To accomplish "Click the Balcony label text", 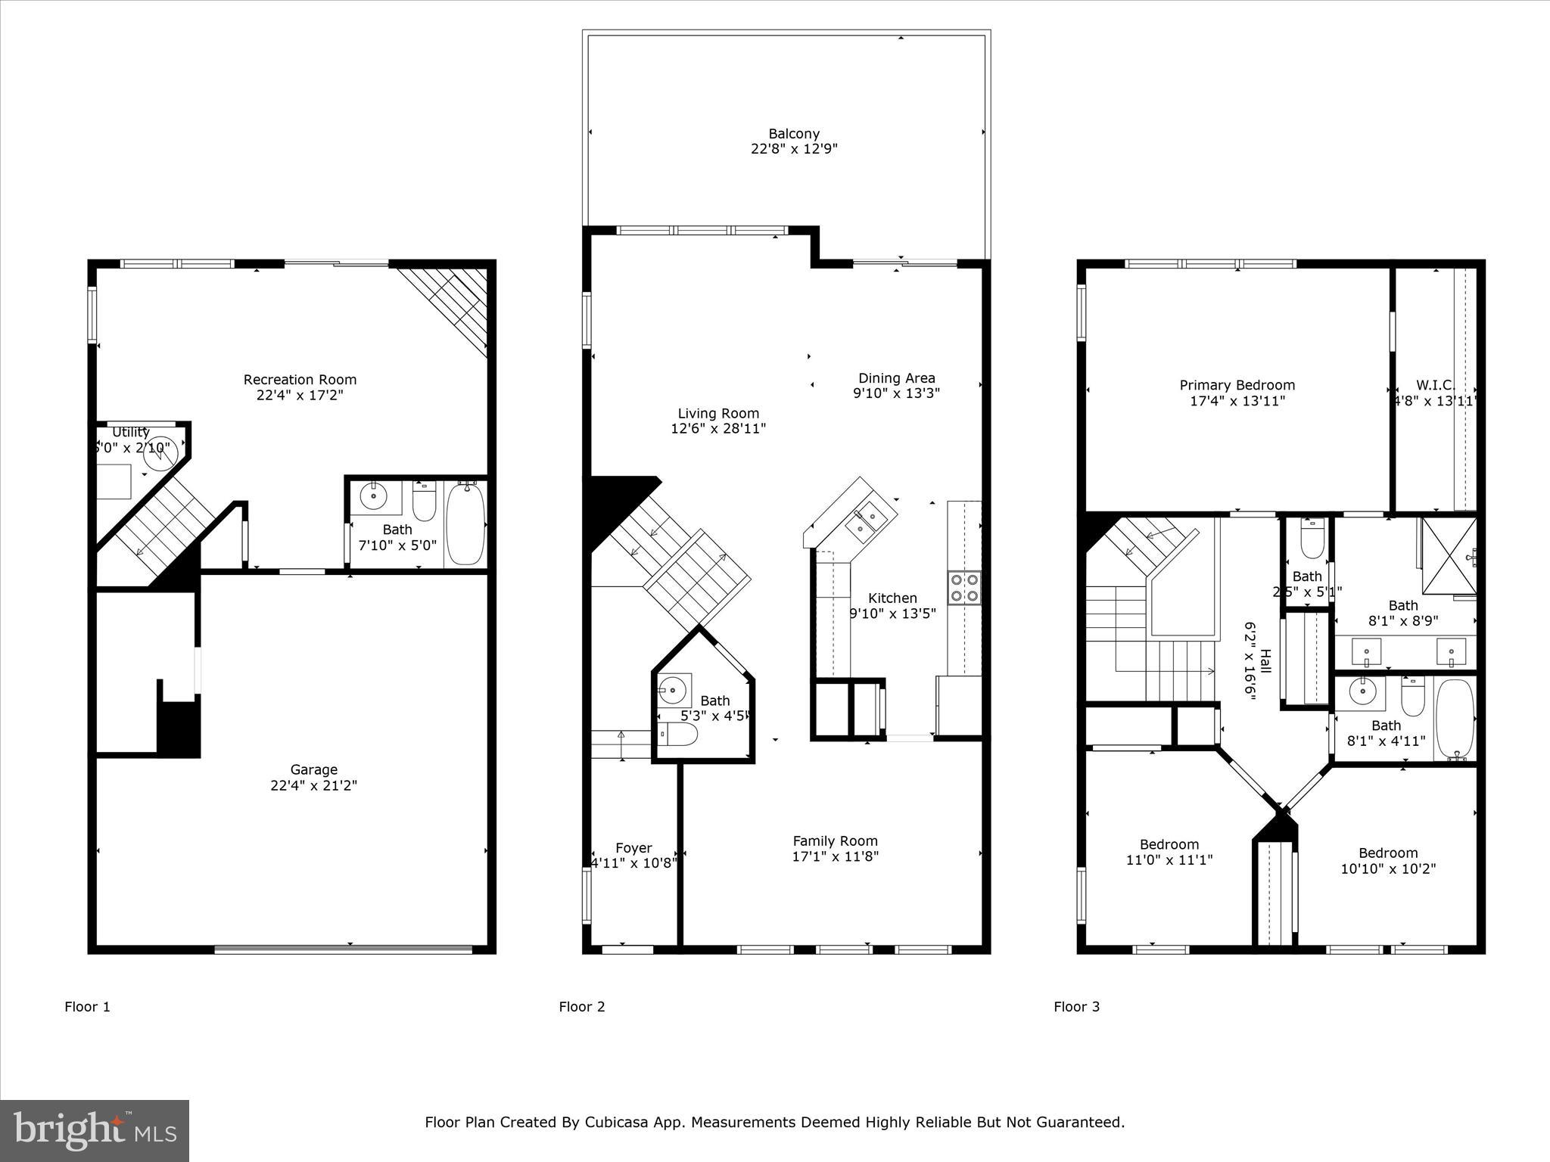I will pyautogui.click(x=794, y=134).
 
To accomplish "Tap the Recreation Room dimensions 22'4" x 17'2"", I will pyautogui.click(x=300, y=395).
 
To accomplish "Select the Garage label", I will pyautogui.click(x=313, y=769).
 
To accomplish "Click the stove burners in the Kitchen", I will pyautogui.click(x=963, y=588).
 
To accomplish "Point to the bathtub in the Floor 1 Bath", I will pyautogui.click(x=465, y=524).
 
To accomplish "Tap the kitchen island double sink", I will pyautogui.click(x=865, y=520).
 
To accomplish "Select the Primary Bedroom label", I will pyautogui.click(x=1237, y=385).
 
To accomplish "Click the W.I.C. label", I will pyautogui.click(x=1435, y=385).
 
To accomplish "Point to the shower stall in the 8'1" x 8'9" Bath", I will pyautogui.click(x=1449, y=556).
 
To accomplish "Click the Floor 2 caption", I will pyautogui.click(x=581, y=1006).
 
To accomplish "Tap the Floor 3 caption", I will pyautogui.click(x=1076, y=1006).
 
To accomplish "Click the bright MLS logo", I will pyautogui.click(x=95, y=1131).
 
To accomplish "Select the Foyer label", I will pyautogui.click(x=633, y=848).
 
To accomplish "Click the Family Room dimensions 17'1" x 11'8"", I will pyautogui.click(x=835, y=856).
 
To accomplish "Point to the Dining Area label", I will pyautogui.click(x=896, y=377).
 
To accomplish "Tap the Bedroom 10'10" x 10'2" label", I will pyautogui.click(x=1387, y=853).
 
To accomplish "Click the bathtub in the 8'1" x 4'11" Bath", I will pyautogui.click(x=1455, y=719).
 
